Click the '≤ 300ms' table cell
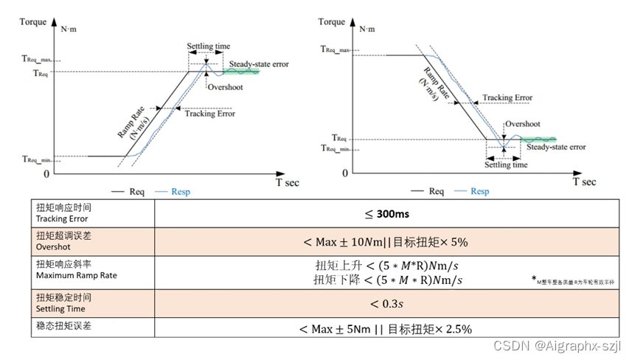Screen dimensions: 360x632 [389, 214]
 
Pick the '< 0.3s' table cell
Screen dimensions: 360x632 [389, 302]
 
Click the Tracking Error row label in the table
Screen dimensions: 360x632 [62, 214]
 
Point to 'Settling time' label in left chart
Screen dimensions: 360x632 [208, 46]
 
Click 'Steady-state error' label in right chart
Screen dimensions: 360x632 [556, 148]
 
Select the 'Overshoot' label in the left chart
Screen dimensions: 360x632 [224, 87]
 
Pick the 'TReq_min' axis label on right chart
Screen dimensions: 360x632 [336, 148]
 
